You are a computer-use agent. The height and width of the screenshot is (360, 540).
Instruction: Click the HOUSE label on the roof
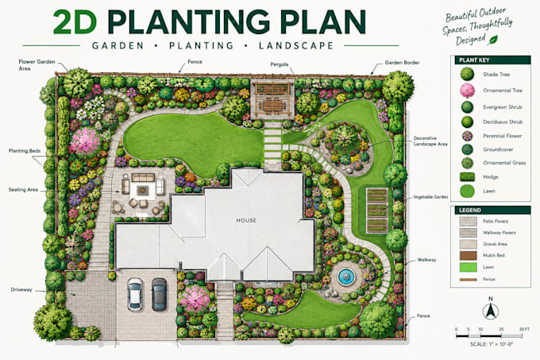pyautogui.click(x=246, y=220)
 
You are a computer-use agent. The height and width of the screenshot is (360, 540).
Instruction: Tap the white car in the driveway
pyautogui.click(x=135, y=294)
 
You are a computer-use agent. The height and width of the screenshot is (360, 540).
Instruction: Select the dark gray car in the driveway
pyautogui.click(x=159, y=294)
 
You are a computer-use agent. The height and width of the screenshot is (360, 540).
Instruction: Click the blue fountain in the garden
pyautogui.click(x=345, y=277)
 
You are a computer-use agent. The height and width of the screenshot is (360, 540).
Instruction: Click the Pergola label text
pyautogui.click(x=280, y=64)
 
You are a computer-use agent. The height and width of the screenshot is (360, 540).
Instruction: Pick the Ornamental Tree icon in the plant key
pyautogui.click(x=467, y=91)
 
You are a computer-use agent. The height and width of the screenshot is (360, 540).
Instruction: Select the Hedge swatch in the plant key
pyautogui.click(x=467, y=176)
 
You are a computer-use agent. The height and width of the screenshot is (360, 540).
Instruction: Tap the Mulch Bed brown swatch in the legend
pyautogui.click(x=469, y=255)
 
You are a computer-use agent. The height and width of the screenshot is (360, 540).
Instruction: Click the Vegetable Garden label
pyautogui.click(x=430, y=197)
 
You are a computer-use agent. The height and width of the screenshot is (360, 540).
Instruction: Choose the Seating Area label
pyautogui.click(x=23, y=190)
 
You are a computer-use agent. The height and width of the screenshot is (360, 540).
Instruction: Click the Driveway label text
pyautogui.click(x=21, y=290)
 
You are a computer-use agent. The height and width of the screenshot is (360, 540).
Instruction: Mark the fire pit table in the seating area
pyautogui.click(x=142, y=190)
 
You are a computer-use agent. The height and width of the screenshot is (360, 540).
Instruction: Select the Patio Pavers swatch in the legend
pyautogui.click(x=469, y=221)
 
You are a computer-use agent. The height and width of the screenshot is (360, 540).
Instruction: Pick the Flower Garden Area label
pyautogui.click(x=37, y=65)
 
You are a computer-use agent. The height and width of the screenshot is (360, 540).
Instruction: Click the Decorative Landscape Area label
pyautogui.click(x=430, y=141)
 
